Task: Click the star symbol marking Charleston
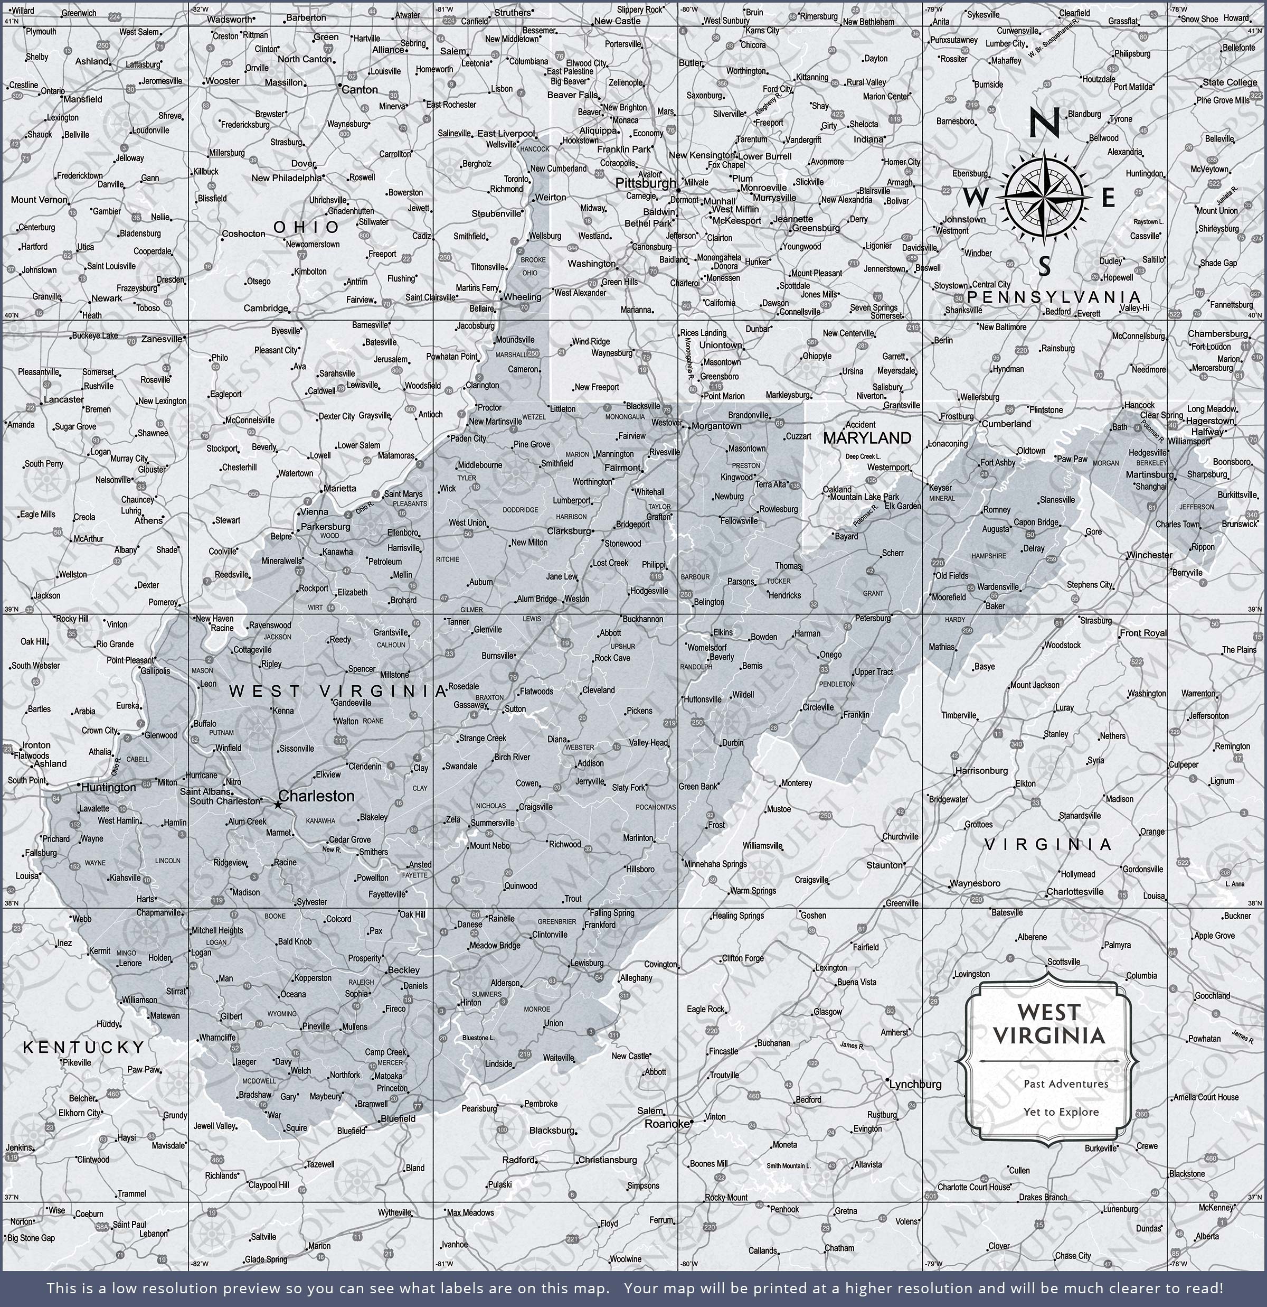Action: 278,806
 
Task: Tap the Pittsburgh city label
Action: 645,183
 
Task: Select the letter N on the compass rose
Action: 1044,124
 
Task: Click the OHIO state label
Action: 307,227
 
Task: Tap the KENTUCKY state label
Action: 84,1048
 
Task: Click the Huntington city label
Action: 108,788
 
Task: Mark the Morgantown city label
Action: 716,426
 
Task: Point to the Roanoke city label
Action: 666,1124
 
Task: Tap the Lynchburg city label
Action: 916,1084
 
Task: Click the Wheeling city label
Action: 523,297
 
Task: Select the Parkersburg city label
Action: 325,527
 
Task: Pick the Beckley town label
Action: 403,970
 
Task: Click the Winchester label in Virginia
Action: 1149,555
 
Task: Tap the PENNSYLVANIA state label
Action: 1054,297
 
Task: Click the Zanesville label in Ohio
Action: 162,339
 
